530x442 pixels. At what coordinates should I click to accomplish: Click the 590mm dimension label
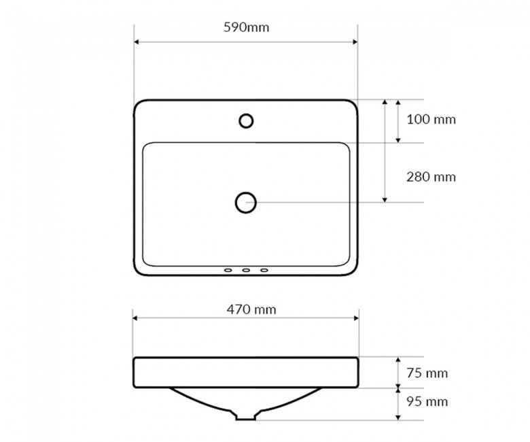point(247,27)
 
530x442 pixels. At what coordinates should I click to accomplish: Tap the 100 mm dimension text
point(431,120)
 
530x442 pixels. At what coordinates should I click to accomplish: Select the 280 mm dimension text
point(431,177)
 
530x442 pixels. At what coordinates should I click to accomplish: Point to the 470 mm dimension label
point(251,309)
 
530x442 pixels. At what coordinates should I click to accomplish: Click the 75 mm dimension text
point(427,373)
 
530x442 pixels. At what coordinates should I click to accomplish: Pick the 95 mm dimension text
point(427,401)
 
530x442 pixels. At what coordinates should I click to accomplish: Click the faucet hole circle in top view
point(246,121)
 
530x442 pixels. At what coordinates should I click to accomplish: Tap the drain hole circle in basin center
point(246,203)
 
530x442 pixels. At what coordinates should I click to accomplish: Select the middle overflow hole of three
point(246,270)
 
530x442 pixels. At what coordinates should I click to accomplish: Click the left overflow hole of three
point(228,270)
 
